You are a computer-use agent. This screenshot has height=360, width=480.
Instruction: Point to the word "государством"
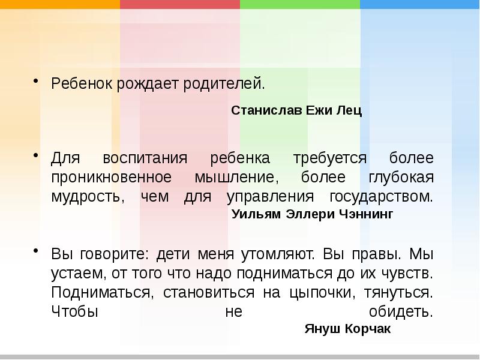(380, 197)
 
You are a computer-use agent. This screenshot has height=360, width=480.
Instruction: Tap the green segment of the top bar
(299, 4)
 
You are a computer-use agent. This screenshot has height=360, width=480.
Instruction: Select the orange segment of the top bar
(59, 4)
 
